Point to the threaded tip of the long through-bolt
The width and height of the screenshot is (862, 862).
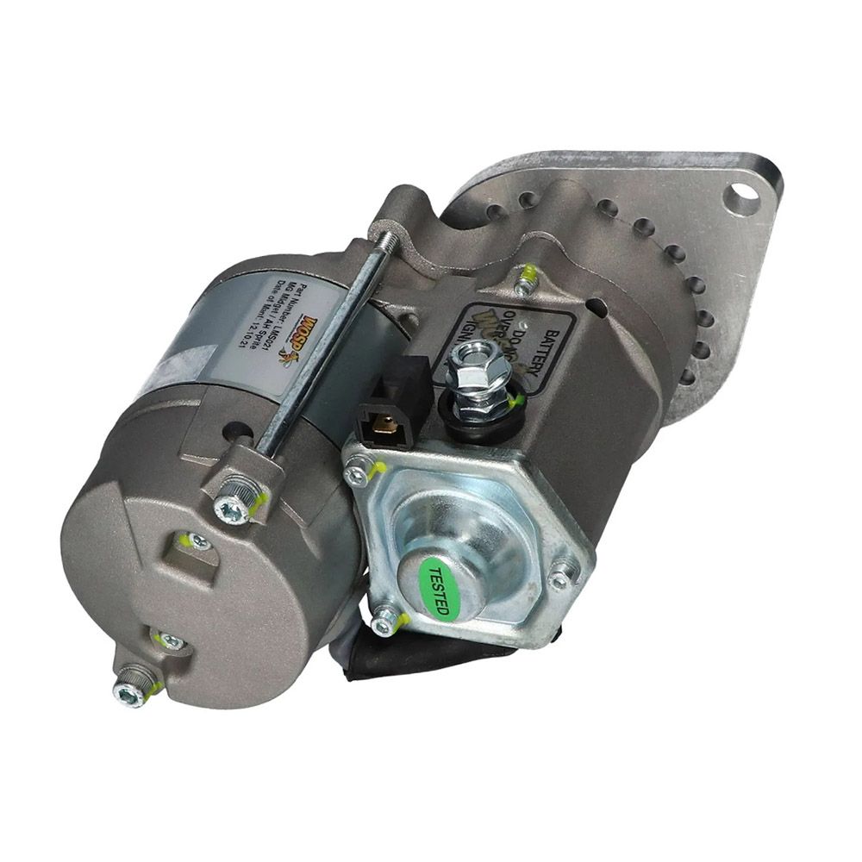pos(388,240)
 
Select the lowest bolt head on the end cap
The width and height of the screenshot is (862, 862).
pos(130,689)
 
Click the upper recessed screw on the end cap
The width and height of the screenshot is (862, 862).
pos(197,542)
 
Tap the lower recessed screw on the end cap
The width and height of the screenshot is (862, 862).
pos(171,640)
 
